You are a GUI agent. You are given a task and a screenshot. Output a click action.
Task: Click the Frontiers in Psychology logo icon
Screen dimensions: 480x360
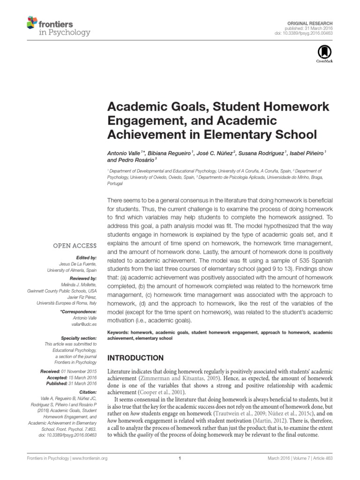tap(32, 21)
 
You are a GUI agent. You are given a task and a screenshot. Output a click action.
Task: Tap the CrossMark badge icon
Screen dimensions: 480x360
tap(325, 53)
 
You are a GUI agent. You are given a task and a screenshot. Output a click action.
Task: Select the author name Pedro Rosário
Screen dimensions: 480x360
tap(133, 160)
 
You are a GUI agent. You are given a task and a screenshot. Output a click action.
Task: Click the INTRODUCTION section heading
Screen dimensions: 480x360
tap(135, 358)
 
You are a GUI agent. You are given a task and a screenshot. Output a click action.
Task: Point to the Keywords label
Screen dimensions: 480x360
tap(119, 332)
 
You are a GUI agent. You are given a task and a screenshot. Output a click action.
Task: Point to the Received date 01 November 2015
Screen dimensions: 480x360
tap(82, 370)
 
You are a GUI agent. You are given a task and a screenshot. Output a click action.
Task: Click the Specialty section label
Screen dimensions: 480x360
tap(79, 337)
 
